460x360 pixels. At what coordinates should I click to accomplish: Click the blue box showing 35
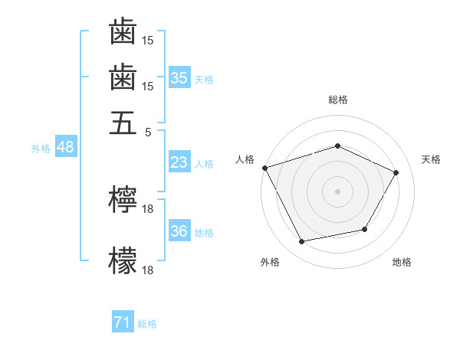coord(179,78)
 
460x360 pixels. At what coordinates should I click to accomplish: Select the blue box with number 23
coord(179,162)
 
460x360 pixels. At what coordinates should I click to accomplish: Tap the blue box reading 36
coord(179,232)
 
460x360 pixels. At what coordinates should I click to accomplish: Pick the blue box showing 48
coord(65,148)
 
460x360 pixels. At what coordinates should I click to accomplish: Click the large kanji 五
coord(123,123)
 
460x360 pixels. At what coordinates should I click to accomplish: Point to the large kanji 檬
coord(123,260)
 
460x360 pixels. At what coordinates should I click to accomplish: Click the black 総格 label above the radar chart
coord(337,100)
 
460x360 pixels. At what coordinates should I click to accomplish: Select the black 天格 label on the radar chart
coord(431,159)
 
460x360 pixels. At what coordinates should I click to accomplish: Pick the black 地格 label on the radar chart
coord(402,263)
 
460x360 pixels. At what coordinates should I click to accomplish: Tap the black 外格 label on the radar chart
coord(270,263)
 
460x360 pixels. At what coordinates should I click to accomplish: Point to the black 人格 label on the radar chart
coord(245,159)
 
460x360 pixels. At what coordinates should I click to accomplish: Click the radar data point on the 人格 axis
coord(264,168)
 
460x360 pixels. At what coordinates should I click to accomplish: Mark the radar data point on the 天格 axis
coord(396,172)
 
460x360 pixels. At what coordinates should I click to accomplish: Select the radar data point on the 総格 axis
coord(337,146)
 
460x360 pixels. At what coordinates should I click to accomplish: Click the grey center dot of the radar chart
coord(337,191)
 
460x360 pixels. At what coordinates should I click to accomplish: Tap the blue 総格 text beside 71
coord(147,324)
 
